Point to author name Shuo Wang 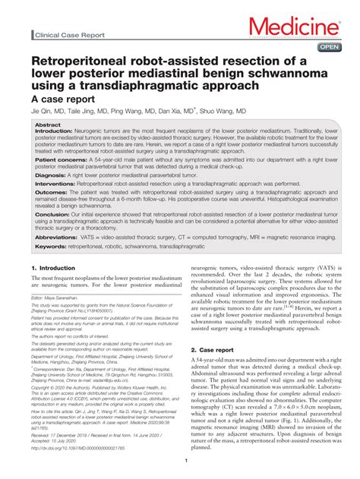pyautogui.click(x=226, y=111)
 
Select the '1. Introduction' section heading pyautogui.click(x=53, y=268)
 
